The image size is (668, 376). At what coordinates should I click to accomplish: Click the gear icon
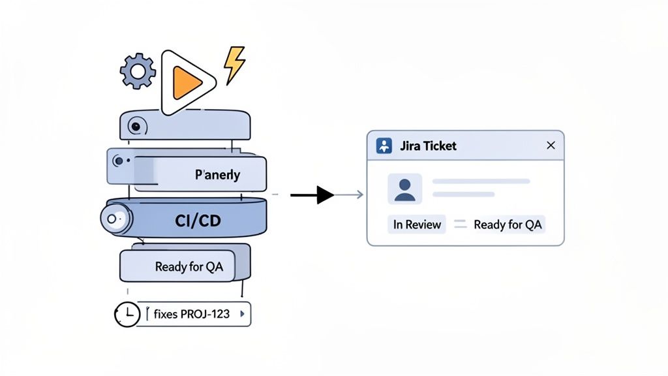(x=138, y=71)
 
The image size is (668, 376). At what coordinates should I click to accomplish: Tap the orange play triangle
(x=187, y=82)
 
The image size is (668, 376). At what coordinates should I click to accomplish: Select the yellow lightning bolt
(x=234, y=65)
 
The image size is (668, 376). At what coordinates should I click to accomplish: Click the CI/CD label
(x=198, y=221)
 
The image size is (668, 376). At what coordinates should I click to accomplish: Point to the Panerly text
(x=218, y=175)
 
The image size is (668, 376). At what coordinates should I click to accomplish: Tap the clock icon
(x=127, y=314)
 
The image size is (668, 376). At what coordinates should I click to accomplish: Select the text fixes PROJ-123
(x=192, y=314)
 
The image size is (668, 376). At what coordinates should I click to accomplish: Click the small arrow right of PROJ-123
(x=243, y=314)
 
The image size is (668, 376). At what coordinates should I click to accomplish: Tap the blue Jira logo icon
(x=385, y=146)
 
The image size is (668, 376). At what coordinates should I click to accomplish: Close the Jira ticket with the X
(x=551, y=146)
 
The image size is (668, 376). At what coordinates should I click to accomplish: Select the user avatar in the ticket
(x=404, y=189)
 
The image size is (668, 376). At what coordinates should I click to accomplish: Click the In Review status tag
(x=417, y=225)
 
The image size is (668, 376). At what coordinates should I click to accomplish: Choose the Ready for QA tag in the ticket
(x=508, y=225)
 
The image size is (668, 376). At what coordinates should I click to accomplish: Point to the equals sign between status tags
(x=461, y=225)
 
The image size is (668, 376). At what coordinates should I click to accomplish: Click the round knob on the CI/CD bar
(x=115, y=219)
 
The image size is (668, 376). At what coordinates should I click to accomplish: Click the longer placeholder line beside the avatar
(x=481, y=181)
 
